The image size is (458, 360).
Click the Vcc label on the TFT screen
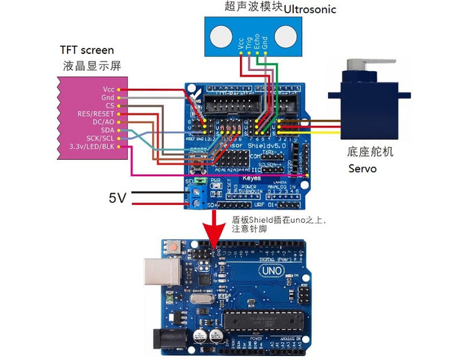[x=108, y=89]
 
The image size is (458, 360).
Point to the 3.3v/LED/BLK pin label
[x=92, y=146]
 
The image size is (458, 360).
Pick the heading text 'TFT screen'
[x=86, y=51]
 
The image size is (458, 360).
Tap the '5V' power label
[x=118, y=198]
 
